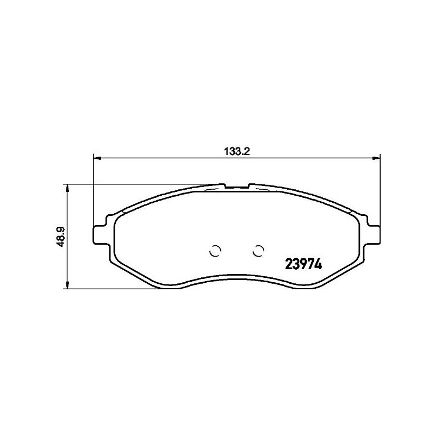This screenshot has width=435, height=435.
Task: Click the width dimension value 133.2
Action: coord(237,152)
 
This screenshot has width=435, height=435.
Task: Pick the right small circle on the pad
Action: coord(259,250)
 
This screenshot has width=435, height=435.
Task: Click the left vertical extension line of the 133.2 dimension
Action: coord(94,190)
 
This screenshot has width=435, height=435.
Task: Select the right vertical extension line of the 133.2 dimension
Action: coord(380,190)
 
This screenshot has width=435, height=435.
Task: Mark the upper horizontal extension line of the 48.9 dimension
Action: coord(141,184)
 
